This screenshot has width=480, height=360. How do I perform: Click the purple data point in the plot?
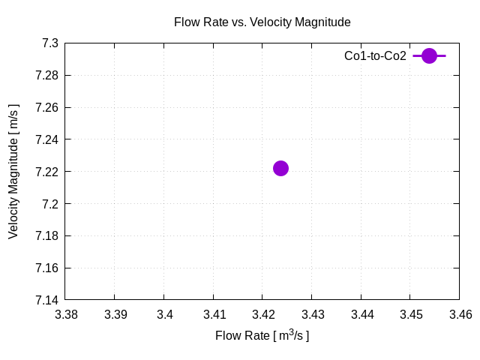pyautogui.click(x=280, y=168)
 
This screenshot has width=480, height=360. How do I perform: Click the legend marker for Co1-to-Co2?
pyautogui.click(x=429, y=55)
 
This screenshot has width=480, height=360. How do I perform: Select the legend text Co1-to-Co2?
pyautogui.click(x=375, y=55)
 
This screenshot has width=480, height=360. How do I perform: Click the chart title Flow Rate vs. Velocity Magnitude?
pyautogui.click(x=262, y=22)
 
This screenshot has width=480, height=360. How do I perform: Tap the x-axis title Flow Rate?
pyautogui.click(x=262, y=335)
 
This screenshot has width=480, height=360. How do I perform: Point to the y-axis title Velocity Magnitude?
pyautogui.click(x=13, y=172)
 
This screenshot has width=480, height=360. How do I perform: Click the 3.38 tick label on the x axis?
pyautogui.click(x=66, y=315)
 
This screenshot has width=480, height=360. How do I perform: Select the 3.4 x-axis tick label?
pyautogui.click(x=164, y=315)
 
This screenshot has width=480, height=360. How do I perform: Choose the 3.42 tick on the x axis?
pyautogui.click(x=262, y=315)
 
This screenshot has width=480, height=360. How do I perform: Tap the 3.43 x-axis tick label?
pyautogui.click(x=311, y=315)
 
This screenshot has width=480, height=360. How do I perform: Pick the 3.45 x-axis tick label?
pyautogui.click(x=409, y=315)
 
